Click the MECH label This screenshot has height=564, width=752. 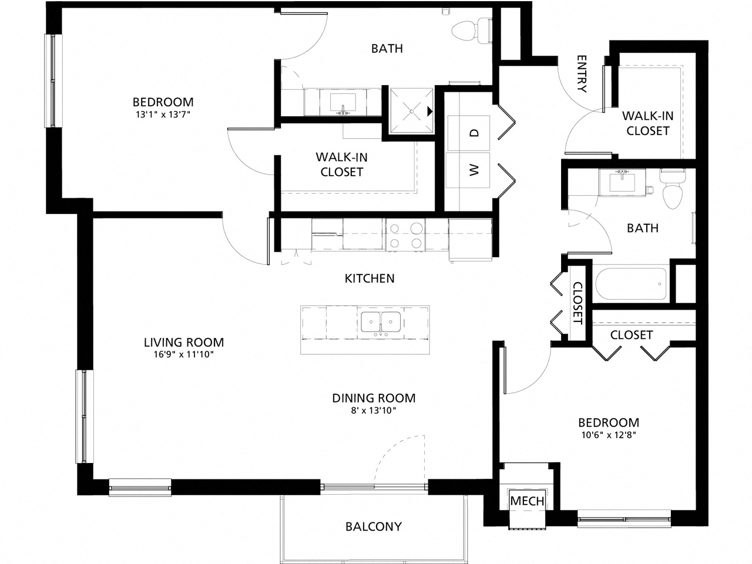(527, 501)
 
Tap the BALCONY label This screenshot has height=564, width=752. (374, 526)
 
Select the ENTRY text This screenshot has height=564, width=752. (582, 74)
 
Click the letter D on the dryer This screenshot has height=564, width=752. (475, 133)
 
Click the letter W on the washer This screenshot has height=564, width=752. (475, 170)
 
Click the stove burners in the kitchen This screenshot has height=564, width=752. (406, 235)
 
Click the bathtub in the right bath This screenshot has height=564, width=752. (632, 284)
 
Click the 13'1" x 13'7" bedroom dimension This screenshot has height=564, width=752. (162, 115)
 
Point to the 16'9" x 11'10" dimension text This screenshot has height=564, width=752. (184, 354)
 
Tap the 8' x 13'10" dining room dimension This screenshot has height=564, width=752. (374, 411)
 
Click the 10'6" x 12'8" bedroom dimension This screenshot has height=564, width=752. (609, 435)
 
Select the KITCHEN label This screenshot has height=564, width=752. (369, 278)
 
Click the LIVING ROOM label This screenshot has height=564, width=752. (184, 342)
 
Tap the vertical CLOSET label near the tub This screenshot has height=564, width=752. (578, 303)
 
